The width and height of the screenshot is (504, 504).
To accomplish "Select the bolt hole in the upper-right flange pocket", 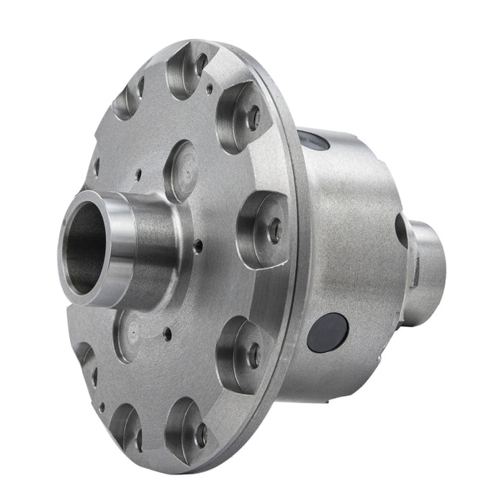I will click(253, 118).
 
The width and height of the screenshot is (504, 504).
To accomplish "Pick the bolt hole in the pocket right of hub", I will click(274, 230).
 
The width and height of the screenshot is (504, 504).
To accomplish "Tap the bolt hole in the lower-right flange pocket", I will click(253, 355).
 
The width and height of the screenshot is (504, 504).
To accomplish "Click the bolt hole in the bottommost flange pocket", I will click(201, 435).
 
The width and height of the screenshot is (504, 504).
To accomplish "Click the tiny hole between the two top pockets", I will click(209, 89).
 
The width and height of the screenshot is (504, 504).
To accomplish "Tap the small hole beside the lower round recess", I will click(167, 334).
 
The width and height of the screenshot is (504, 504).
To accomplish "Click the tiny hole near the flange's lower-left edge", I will click(101, 407).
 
